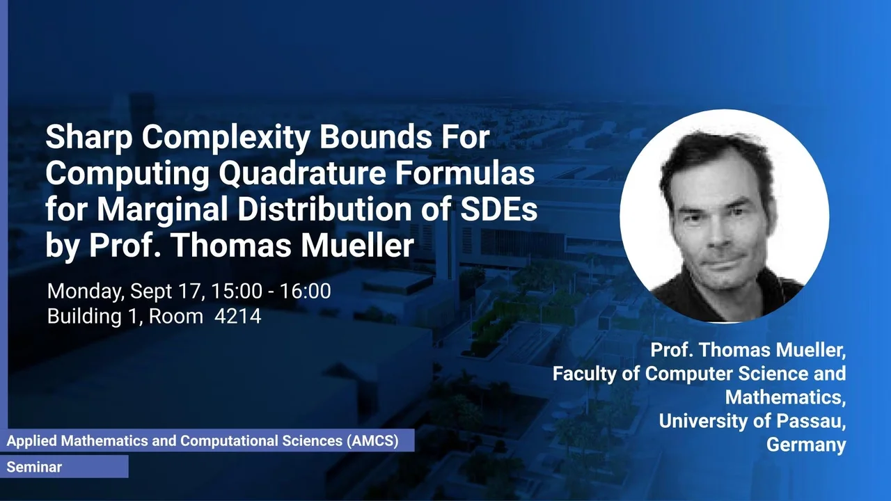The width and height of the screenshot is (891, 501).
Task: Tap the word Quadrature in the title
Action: (x=302, y=174)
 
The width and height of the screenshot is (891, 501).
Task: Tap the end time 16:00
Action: (x=305, y=291)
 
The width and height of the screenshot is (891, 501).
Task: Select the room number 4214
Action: (x=238, y=317)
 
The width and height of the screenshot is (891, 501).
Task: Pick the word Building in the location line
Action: (x=84, y=317)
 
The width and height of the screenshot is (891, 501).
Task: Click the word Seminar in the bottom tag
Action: (x=34, y=467)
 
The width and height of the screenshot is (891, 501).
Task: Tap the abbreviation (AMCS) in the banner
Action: (x=372, y=441)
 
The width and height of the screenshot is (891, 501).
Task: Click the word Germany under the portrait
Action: (x=806, y=445)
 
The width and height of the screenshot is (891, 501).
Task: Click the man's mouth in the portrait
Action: (x=725, y=264)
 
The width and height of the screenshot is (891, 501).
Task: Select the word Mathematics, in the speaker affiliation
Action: (x=785, y=397)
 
